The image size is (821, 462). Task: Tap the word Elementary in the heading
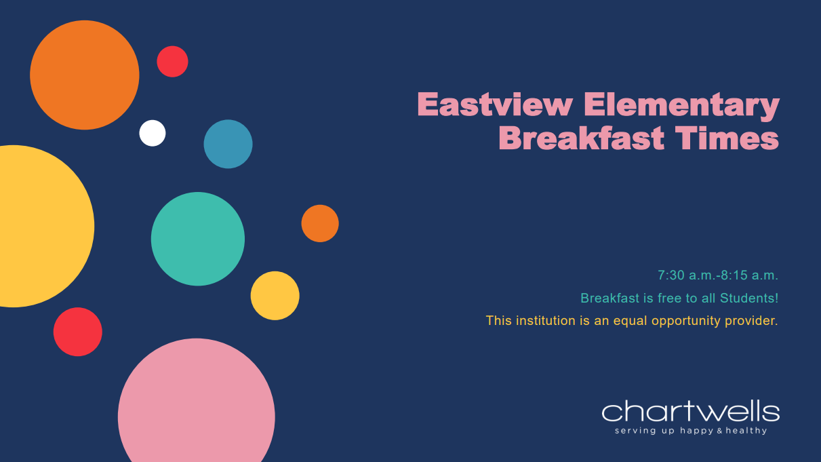681,106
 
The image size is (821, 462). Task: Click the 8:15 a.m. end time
749,275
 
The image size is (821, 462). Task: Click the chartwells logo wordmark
690,412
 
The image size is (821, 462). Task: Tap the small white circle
153,133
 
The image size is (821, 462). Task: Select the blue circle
228,144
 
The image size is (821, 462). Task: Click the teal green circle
198,239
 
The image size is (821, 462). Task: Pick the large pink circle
197,407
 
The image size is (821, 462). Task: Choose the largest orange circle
85,75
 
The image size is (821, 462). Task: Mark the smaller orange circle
320,223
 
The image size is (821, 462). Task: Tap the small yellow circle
275,296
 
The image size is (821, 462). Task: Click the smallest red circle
172,62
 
